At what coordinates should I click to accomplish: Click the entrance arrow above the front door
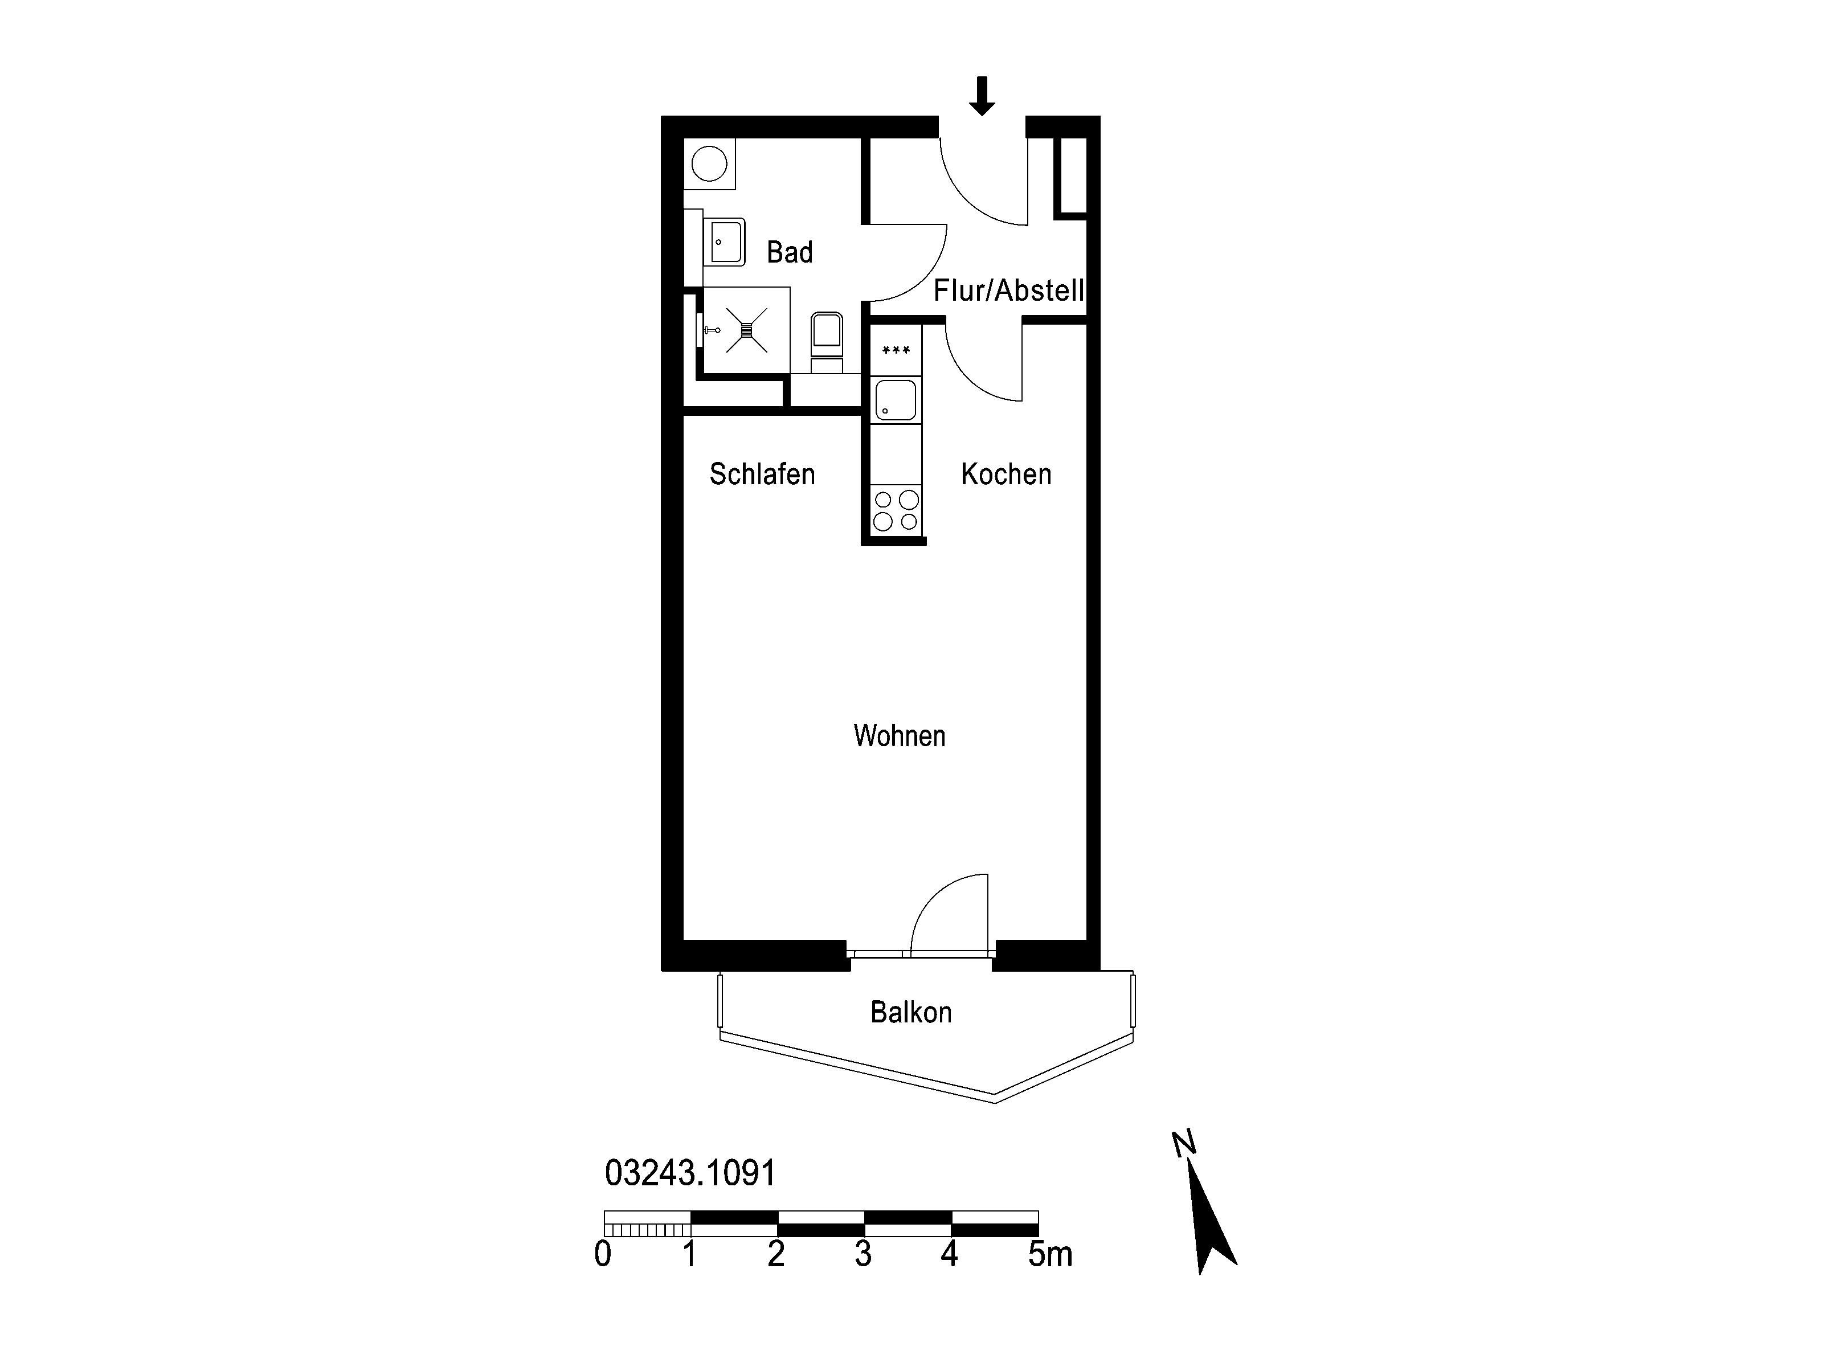click(x=981, y=96)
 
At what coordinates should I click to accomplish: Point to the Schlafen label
click(x=762, y=474)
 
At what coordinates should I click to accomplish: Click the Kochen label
click(x=1006, y=474)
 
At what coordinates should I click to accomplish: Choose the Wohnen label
click(x=899, y=736)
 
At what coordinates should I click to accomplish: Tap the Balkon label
click(x=911, y=1012)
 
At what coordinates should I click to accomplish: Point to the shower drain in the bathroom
click(x=747, y=330)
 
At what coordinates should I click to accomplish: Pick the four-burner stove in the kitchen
click(x=896, y=510)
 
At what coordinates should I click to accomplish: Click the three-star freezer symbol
click(x=896, y=351)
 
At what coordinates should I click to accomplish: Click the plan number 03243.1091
click(x=690, y=1173)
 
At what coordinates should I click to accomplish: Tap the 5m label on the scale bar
click(x=1050, y=1254)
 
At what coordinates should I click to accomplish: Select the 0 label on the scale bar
click(x=603, y=1254)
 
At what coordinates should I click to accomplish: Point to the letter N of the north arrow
click(x=1183, y=1144)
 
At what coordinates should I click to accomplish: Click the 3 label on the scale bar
click(x=863, y=1254)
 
